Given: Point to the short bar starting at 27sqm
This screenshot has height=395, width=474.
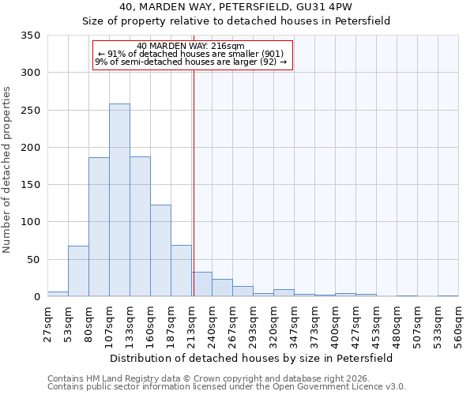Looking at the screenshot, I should (x=58, y=294).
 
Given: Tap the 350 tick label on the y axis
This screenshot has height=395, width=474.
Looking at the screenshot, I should (x=30, y=36).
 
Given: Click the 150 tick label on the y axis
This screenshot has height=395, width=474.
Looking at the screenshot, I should (x=30, y=185).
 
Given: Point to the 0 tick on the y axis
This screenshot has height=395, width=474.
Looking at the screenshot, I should (x=36, y=297).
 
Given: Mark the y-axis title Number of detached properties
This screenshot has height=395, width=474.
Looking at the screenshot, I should (x=8, y=170).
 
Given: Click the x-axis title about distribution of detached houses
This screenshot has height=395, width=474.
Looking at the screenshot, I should (x=250, y=358).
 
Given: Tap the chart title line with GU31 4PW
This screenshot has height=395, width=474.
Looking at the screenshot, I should (x=236, y=6).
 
